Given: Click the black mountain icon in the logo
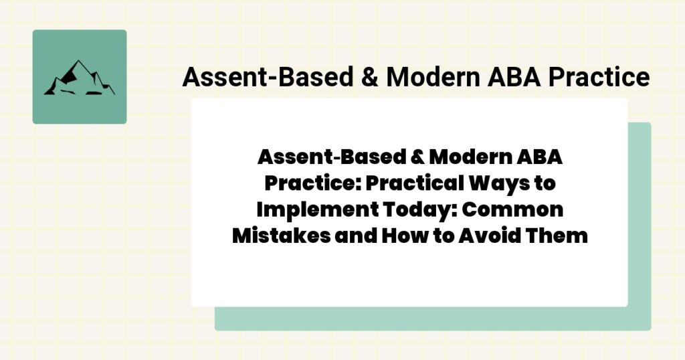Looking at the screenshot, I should (x=79, y=78).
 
